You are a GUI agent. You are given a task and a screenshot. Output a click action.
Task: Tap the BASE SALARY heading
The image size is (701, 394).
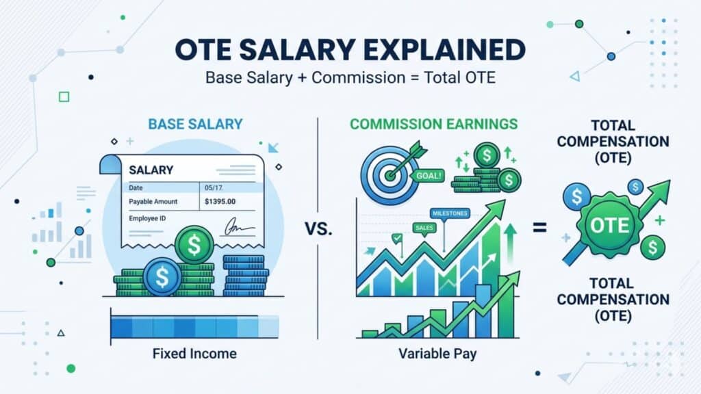pos(195,124)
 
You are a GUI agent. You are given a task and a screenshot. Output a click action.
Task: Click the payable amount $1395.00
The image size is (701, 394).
pos(220,202)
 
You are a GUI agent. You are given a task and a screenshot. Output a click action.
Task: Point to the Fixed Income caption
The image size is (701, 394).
pos(195,354)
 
